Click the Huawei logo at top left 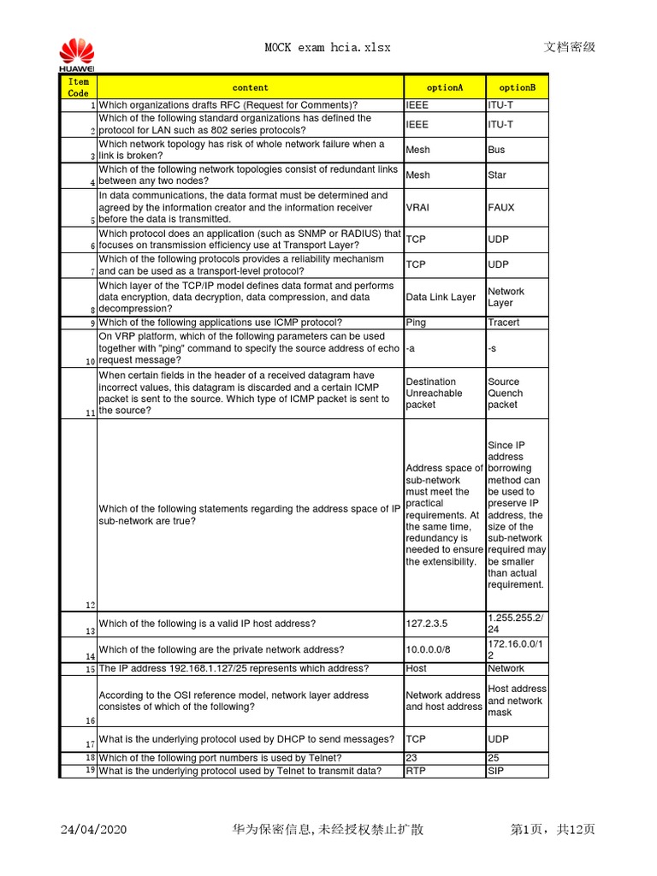pyautogui.click(x=76, y=54)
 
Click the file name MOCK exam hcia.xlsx pyautogui.click(x=328, y=48)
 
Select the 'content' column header pyautogui.click(x=250, y=87)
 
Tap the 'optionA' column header pyautogui.click(x=445, y=87)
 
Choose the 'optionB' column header pyautogui.click(x=517, y=87)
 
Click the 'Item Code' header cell pyautogui.click(x=78, y=87)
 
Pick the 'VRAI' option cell pyautogui.click(x=417, y=208)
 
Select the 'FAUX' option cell pyautogui.click(x=501, y=208)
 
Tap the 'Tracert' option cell pyautogui.click(x=503, y=323)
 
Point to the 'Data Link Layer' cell pyautogui.click(x=441, y=297)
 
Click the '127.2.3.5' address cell pyautogui.click(x=428, y=624)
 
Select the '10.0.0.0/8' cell pyautogui.click(x=428, y=649)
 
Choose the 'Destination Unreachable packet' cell pyautogui.click(x=435, y=393)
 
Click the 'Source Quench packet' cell pyautogui.click(x=506, y=393)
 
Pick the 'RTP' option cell pyautogui.click(x=416, y=771)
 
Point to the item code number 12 pyautogui.click(x=91, y=605)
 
